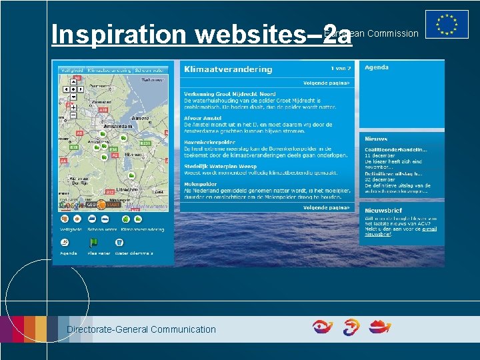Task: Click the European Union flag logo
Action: [x=447, y=24]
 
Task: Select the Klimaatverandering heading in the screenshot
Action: [x=228, y=69]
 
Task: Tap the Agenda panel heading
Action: [x=377, y=67]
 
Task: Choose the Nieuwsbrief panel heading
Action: [x=382, y=210]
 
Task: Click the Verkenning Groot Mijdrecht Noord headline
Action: [x=230, y=94]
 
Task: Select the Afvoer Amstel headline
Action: [x=203, y=118]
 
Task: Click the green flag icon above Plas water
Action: [x=94, y=243]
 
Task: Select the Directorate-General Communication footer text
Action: [x=141, y=329]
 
